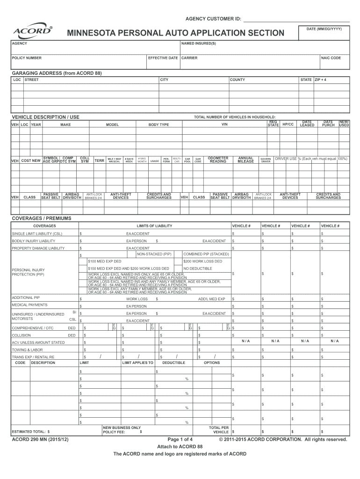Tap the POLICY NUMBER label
tap(27, 58)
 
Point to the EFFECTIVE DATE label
tap(163, 58)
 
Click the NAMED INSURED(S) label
tap(199, 44)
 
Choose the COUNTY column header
tap(237, 80)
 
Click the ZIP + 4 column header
tap(321, 80)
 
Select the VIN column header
tap(224, 125)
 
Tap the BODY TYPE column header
tap(158, 125)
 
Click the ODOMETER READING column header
tap(218, 160)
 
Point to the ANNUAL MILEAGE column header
tap(245, 160)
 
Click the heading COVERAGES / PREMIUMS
tap(41, 218)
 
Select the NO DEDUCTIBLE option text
tap(198, 269)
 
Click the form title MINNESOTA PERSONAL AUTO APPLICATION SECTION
tap(175, 33)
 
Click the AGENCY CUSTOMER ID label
tap(214, 19)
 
